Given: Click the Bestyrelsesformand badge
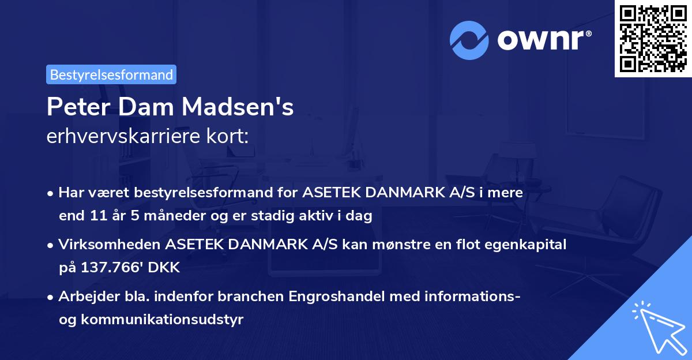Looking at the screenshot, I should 111,74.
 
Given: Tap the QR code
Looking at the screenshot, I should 653,38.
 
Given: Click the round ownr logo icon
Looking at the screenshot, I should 469,40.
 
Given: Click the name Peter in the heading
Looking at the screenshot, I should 74,107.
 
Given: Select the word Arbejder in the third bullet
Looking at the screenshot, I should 84,297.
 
